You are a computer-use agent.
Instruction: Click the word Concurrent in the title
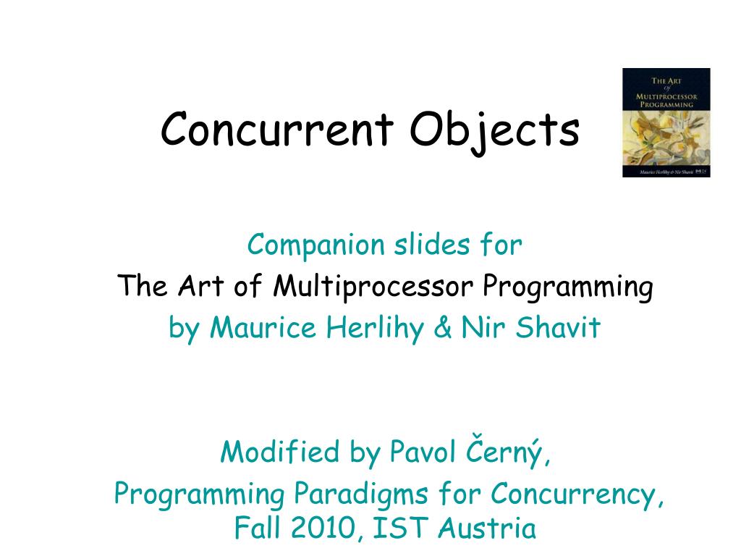click(278, 130)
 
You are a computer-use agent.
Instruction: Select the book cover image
click(666, 122)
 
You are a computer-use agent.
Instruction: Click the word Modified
click(281, 453)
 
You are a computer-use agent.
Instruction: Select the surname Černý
click(511, 452)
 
